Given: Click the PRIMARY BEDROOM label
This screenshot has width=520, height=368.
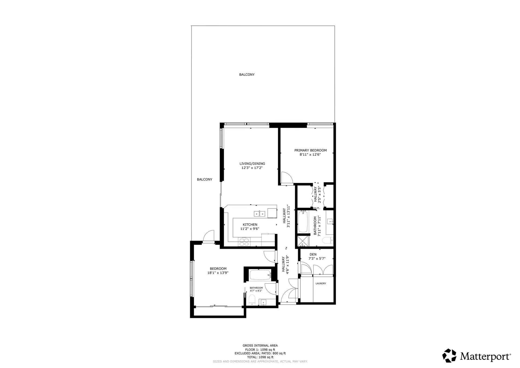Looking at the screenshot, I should (310, 150).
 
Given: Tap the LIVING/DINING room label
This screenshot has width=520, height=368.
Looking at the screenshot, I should (252, 164).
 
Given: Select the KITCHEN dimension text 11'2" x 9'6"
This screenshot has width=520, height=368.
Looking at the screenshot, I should (250, 229).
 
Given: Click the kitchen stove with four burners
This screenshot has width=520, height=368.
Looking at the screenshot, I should (244, 241).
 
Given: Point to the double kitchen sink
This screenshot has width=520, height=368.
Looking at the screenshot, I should (70, 214).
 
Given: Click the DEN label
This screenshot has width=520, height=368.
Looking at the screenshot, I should (313, 254).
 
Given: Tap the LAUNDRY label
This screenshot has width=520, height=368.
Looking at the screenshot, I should (321, 283).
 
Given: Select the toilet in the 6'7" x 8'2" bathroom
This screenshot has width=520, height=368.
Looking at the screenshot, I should (252, 300).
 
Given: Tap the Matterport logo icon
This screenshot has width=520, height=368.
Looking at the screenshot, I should (449, 356).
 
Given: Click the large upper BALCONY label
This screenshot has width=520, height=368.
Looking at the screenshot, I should (247, 75).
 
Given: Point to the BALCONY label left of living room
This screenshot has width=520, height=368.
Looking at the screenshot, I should (204, 179).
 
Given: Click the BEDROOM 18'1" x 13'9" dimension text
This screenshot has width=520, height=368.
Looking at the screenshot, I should (218, 273).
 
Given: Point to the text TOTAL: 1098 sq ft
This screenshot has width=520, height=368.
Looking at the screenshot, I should (260, 357).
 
